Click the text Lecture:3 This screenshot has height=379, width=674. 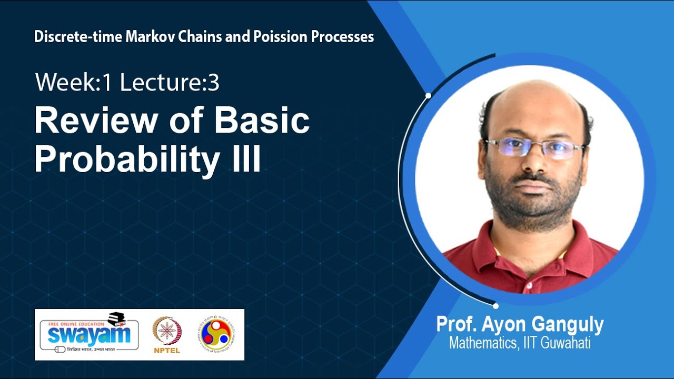click(x=170, y=83)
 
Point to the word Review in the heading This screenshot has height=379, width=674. click(x=96, y=121)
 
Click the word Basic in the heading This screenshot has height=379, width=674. click(x=262, y=121)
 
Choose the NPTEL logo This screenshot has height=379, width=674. click(x=167, y=335)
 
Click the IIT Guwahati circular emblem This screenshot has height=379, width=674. click(x=215, y=334)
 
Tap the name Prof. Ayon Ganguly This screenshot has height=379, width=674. click(x=519, y=325)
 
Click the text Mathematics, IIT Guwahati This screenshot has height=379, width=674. click(x=519, y=343)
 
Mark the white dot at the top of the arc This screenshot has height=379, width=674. click(x=429, y=95)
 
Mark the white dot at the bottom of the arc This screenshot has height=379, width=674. click(x=495, y=305)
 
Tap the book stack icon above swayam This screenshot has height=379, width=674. click(x=120, y=318)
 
